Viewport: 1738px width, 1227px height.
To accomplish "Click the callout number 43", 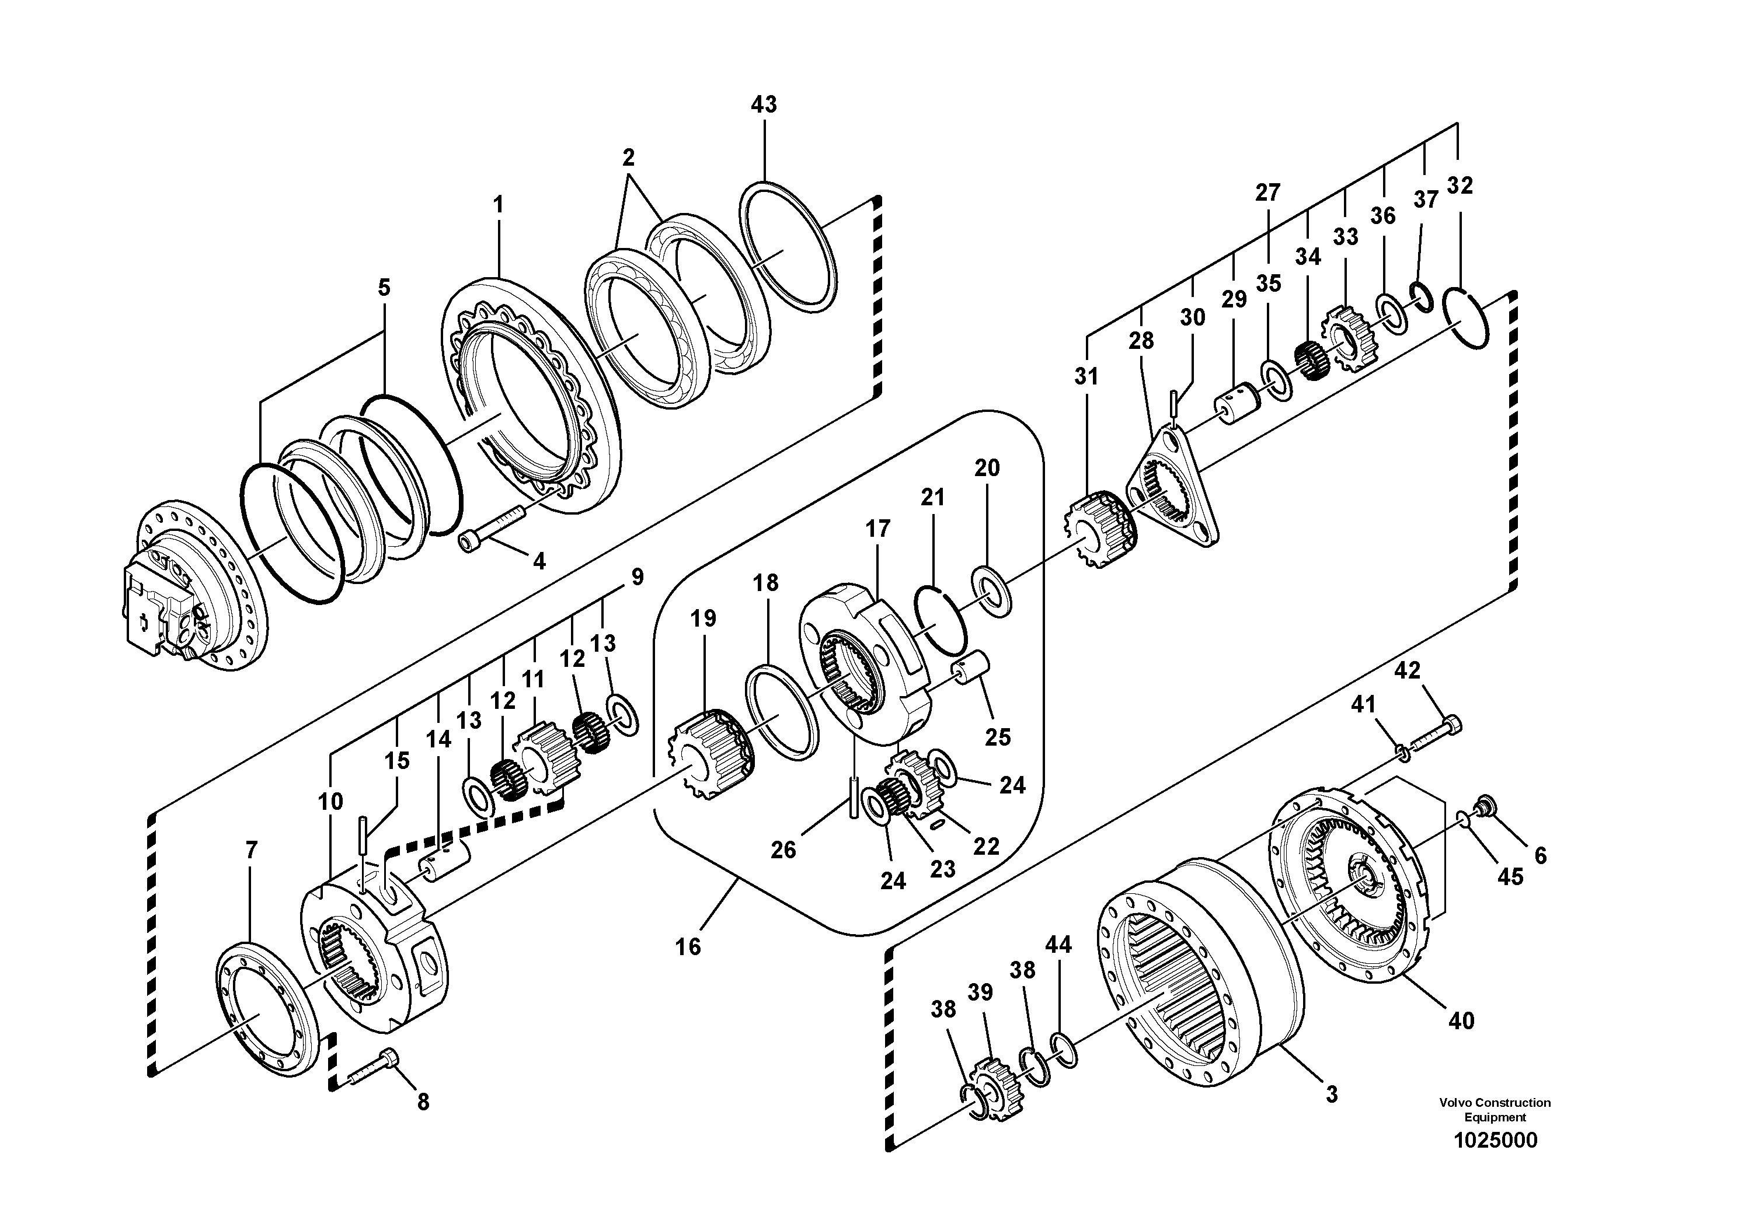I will coord(764,104).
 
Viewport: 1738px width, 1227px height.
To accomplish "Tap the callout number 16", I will coord(688,946).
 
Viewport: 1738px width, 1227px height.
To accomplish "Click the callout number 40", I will coord(1461,1021).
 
